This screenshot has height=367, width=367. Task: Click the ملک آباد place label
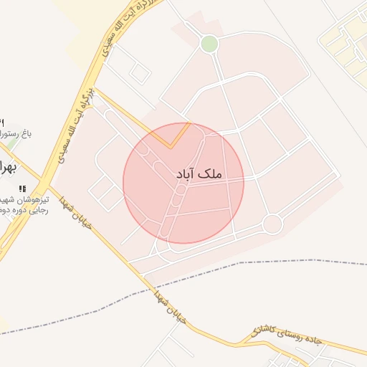[199, 174]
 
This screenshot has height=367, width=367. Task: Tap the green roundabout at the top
[209, 44]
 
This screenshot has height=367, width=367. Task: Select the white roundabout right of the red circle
[272, 224]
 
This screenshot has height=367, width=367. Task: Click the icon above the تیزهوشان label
[31, 189]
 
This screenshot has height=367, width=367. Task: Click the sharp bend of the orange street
[172, 146]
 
